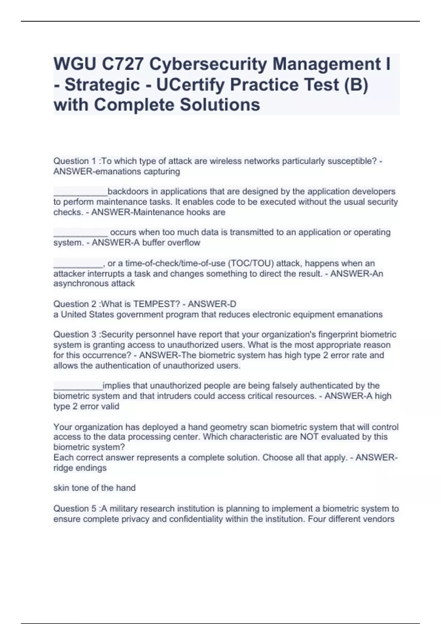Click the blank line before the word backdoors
[80, 192]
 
